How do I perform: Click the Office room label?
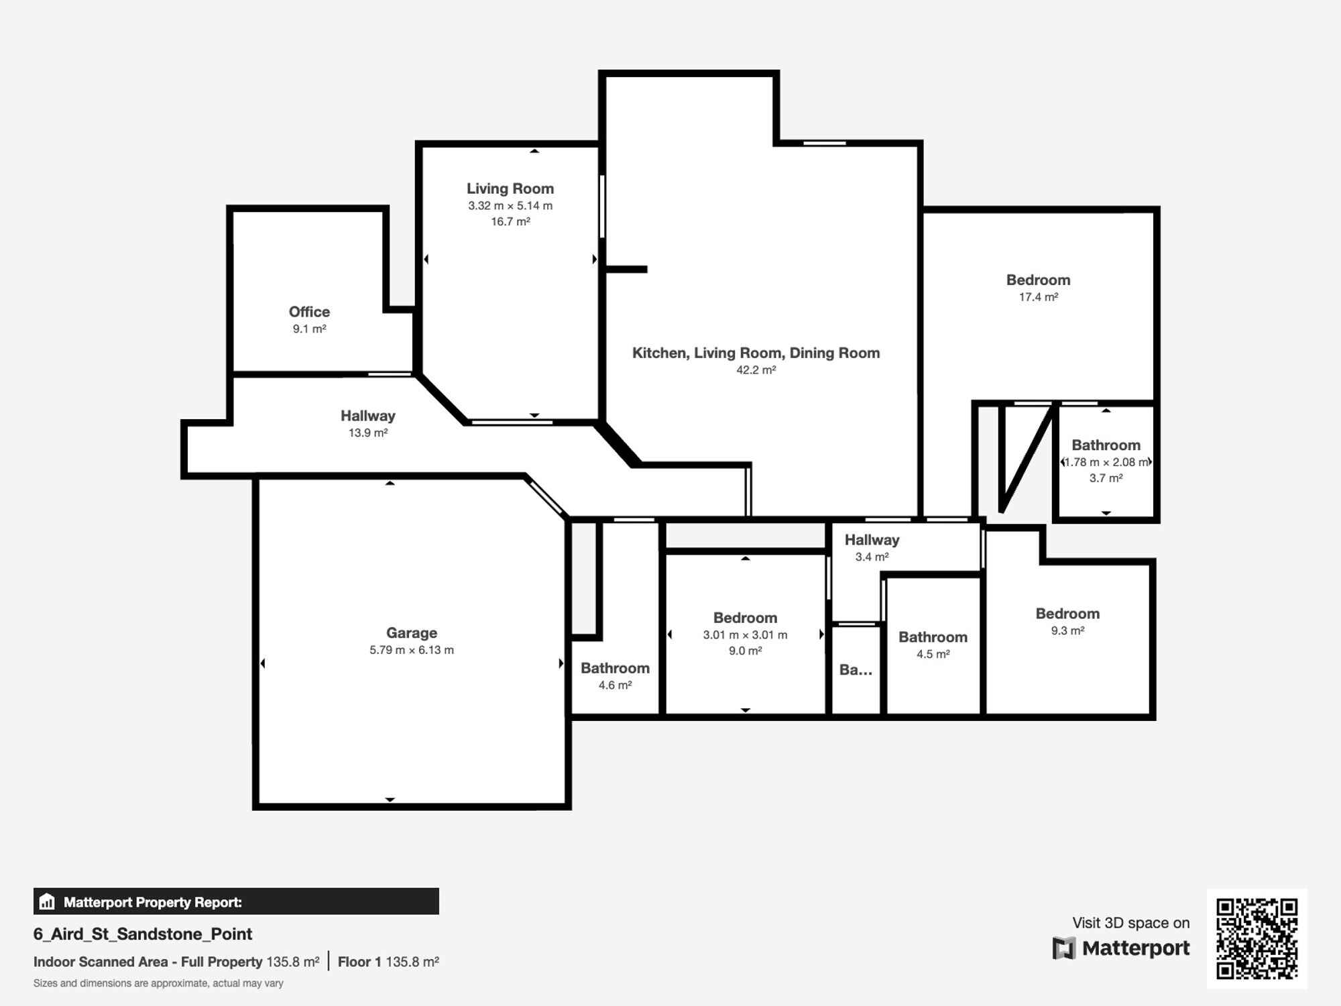point(309,312)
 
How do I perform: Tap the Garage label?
point(412,633)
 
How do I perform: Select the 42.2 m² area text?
point(756,370)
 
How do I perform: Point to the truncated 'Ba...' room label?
point(856,669)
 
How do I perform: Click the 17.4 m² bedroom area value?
point(1039,296)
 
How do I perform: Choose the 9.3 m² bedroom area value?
point(1067,630)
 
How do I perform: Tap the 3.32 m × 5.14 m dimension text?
point(510,206)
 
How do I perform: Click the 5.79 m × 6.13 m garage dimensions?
point(412,650)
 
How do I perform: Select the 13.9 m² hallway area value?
point(368,433)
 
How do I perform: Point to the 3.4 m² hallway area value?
point(872,557)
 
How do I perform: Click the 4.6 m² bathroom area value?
point(615,685)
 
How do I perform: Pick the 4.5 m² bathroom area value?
point(933,654)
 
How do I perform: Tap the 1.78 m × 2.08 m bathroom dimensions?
point(1106,462)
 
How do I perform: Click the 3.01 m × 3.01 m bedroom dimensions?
point(745,634)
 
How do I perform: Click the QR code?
point(1257,939)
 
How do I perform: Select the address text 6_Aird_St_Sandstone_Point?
point(143,934)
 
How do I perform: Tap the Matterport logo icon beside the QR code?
point(1064,948)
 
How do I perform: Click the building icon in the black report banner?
point(47,901)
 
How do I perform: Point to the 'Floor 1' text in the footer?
point(359,962)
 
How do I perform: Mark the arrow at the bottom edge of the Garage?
point(390,799)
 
